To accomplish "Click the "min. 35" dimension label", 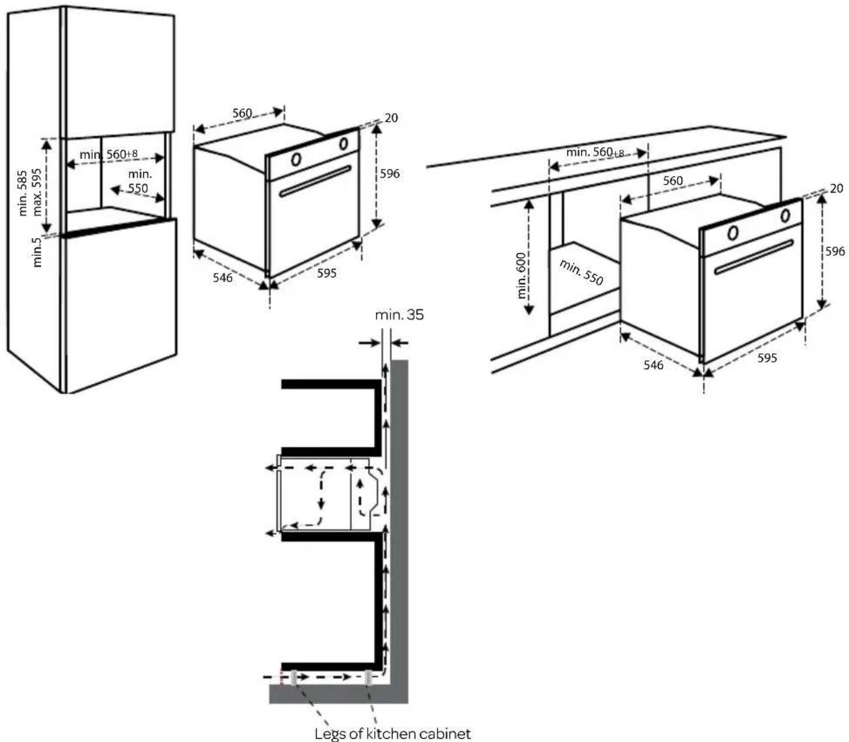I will (x=399, y=315).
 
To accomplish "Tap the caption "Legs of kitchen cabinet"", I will (x=392, y=733).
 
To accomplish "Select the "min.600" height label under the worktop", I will (x=523, y=275).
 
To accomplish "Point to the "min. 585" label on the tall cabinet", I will (x=24, y=193).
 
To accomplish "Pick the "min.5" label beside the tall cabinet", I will (x=37, y=252).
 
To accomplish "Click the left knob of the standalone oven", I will (x=296, y=158).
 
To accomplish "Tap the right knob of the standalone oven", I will (x=343, y=143).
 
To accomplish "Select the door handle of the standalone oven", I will (x=315, y=181).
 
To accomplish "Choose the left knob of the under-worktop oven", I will (x=733, y=232).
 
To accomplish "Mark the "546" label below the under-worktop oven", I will (x=653, y=364).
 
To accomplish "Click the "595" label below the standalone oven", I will (x=326, y=273).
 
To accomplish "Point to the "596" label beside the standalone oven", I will (x=390, y=173).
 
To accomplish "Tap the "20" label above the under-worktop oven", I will (x=836, y=188).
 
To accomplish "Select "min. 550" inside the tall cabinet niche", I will (x=139, y=181).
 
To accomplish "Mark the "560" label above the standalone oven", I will (x=242, y=113).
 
